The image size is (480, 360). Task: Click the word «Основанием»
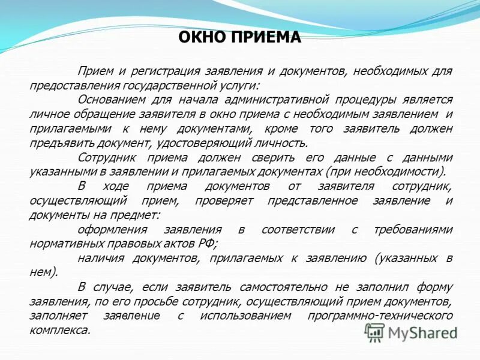click(x=112, y=100)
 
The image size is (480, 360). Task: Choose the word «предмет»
click(x=141, y=215)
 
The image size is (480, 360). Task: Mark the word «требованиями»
click(x=412, y=229)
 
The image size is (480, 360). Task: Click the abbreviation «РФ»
click(x=208, y=244)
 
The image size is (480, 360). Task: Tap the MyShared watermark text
click(x=422, y=332)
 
